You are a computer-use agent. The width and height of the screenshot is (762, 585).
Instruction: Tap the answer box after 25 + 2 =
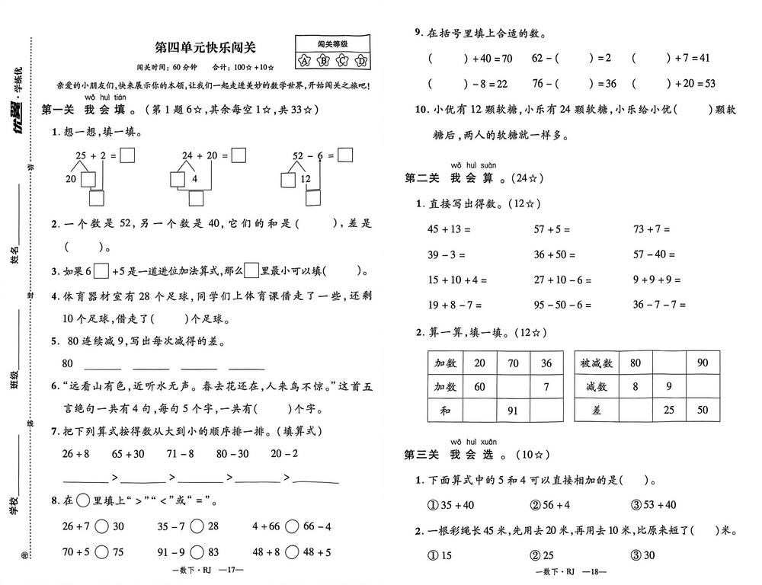(128, 155)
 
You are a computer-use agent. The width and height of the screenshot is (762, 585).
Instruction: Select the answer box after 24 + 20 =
(239, 155)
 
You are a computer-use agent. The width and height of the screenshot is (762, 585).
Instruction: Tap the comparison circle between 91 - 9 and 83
(197, 551)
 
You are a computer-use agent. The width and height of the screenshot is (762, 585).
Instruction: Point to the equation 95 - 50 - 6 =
(563, 305)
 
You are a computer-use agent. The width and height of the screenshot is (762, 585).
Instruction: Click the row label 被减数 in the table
(597, 363)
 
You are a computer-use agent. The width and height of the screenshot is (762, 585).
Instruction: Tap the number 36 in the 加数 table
(546, 363)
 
